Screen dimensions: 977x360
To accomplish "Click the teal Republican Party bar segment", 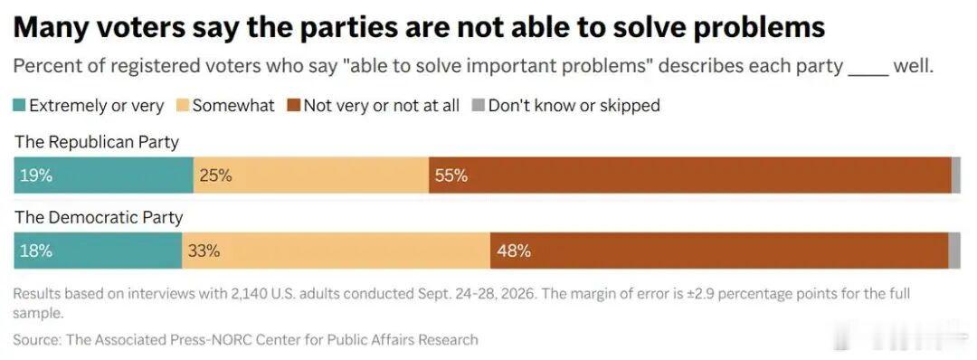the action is pos(103,175).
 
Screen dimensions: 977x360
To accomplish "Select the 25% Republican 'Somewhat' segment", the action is pos(311,175).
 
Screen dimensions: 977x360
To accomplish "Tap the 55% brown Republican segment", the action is pos(689,175).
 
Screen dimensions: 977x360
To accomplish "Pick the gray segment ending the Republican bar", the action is pos(956,175).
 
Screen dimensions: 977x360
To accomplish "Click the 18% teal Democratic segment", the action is pos(98,251).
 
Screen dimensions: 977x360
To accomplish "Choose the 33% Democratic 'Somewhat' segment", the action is pos(336,251).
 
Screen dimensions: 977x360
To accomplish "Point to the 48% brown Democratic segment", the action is pos(719,251).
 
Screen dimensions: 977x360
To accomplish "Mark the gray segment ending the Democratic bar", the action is pos(954,251).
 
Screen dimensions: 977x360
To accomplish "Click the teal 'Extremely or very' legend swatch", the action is pos(19,106).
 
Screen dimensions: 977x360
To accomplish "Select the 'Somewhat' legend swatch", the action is pos(182,106).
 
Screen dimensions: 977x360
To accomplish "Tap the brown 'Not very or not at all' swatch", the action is pos(293,106).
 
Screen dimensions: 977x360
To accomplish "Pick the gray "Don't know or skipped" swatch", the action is pos(478,106).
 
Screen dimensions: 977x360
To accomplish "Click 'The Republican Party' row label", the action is pos(97,143).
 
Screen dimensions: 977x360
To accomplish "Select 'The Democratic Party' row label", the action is pos(99,217).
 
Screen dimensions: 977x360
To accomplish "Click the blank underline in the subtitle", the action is pos(868,74).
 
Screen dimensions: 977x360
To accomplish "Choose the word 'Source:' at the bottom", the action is pos(37,339).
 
